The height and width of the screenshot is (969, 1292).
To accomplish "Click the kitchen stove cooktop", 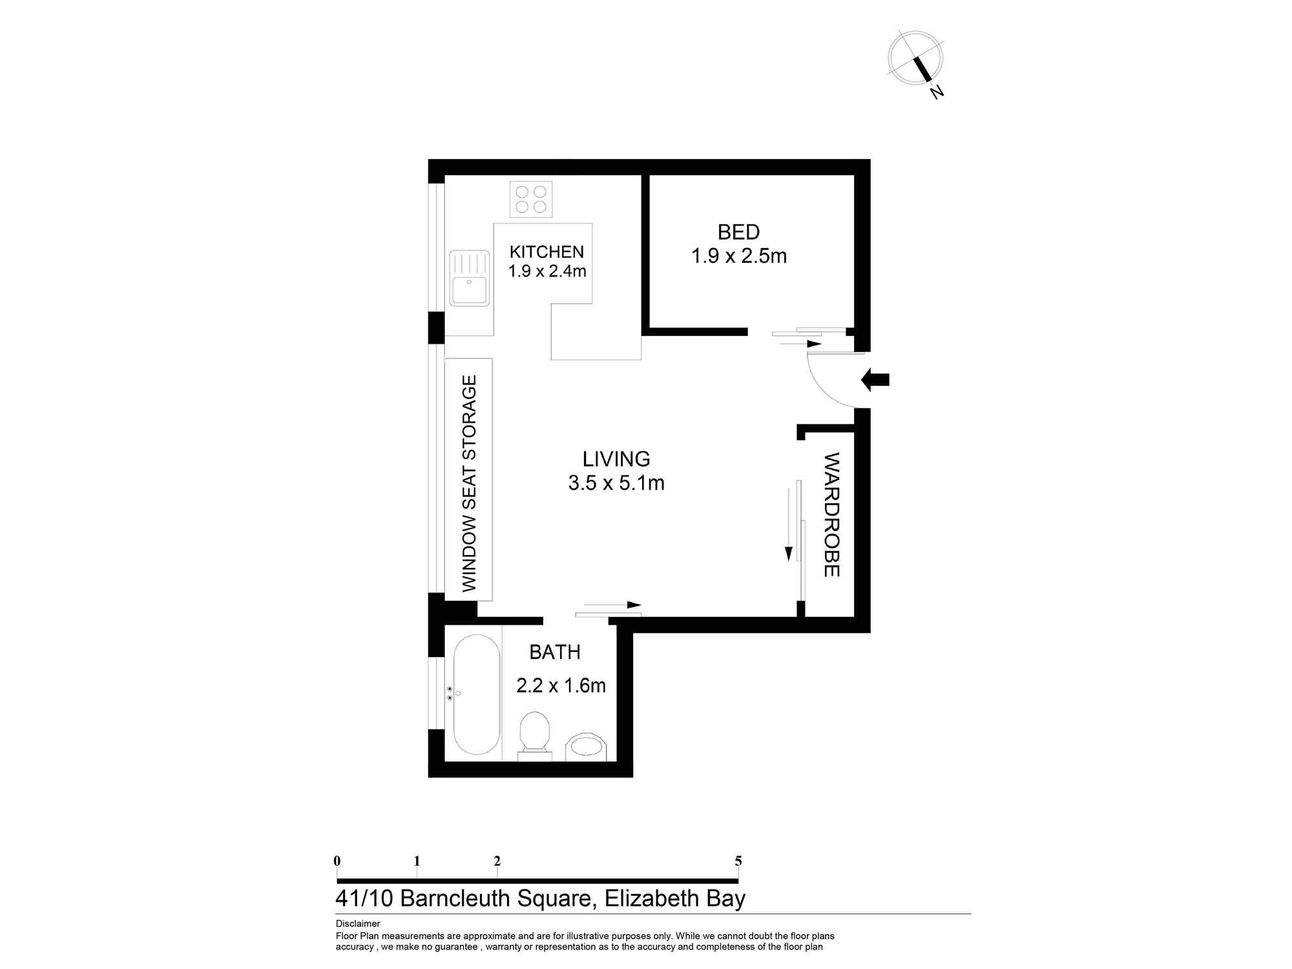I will tap(531, 199).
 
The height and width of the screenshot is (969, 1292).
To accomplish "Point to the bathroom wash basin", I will tap(587, 747).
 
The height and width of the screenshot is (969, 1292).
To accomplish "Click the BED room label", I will tap(738, 232).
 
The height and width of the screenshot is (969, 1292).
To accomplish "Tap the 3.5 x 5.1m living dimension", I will tap(616, 483).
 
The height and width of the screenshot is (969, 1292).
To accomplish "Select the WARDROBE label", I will tap(831, 515).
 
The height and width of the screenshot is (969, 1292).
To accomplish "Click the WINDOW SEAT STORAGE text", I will tap(470, 483).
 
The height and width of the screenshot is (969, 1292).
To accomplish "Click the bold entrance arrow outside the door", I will tap(875, 380).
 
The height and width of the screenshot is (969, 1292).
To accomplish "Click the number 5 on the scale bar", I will tap(738, 861).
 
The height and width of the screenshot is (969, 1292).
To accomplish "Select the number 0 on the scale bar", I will tap(337, 861).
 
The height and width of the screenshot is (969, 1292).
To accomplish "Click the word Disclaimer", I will tap(358, 924).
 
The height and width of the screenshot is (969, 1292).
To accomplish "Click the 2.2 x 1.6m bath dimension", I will tap(561, 685).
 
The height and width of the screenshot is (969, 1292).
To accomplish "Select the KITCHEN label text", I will tap(547, 251).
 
